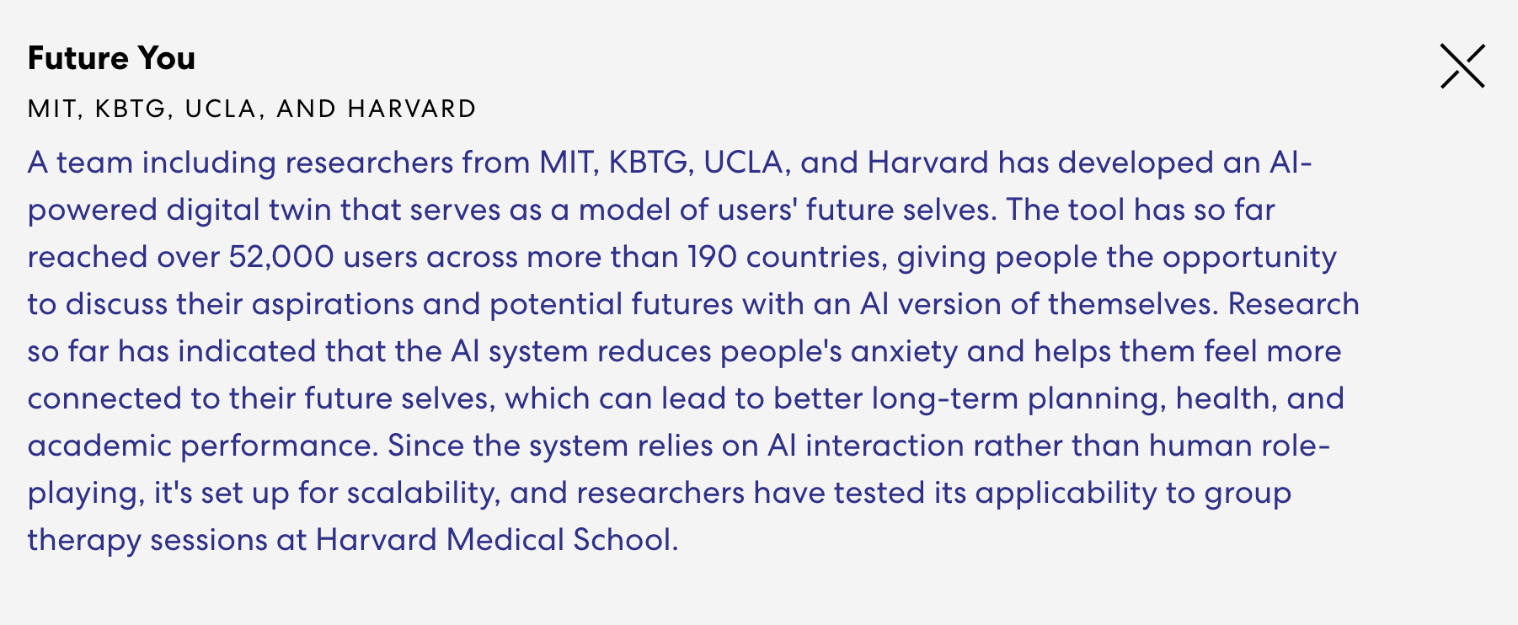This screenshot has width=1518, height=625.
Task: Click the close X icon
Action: [x=1462, y=67]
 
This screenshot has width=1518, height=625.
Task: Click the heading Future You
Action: [x=111, y=58]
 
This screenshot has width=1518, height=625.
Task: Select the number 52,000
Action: [x=281, y=257]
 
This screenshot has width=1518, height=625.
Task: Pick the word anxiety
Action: [x=904, y=352]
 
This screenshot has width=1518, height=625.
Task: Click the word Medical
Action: [x=505, y=540]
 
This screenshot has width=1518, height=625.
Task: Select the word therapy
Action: [x=84, y=541]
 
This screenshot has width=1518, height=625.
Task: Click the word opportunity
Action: [x=1250, y=258]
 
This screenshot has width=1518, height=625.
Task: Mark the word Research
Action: [x=1294, y=304]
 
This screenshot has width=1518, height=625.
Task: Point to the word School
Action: [x=626, y=540]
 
